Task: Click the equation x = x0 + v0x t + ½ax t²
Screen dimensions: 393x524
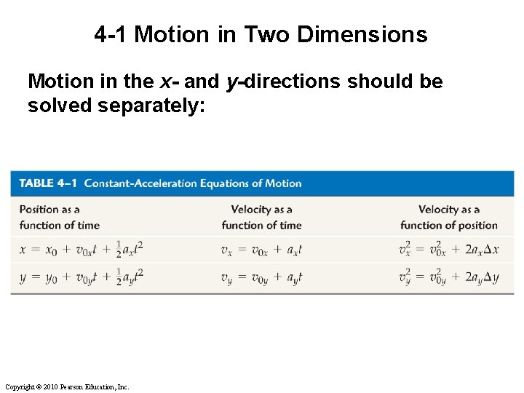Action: coord(81,250)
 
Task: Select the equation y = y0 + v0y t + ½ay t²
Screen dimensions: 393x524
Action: coord(81,277)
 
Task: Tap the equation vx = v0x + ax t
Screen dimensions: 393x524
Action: coord(261,250)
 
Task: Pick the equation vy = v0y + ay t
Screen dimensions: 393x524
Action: coord(261,277)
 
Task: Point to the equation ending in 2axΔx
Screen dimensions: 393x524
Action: coord(448,250)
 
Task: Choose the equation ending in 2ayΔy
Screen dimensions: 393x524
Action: coord(448,277)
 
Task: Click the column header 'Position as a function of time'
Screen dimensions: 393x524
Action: coord(59,217)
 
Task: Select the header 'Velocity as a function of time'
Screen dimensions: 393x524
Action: coord(261,217)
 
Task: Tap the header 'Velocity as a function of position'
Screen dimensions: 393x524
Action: coord(448,217)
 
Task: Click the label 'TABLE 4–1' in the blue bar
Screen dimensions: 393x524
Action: coord(48,183)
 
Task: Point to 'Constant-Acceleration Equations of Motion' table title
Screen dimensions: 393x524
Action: coord(193,183)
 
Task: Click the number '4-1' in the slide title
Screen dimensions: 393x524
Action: coord(111,34)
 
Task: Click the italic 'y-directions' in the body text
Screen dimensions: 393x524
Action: coord(283,82)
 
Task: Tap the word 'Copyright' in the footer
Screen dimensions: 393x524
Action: coord(19,386)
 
